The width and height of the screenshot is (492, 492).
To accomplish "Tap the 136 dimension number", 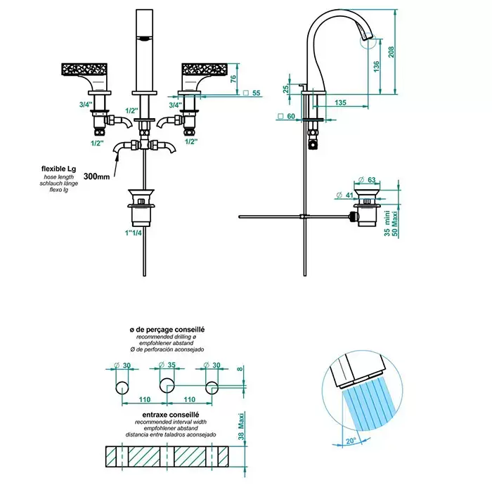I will click(377, 67).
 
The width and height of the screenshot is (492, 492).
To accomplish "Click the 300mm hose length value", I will click(96, 176).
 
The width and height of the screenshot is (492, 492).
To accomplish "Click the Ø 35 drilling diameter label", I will click(167, 365).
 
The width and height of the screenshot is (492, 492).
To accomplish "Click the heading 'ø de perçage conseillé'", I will click(167, 329).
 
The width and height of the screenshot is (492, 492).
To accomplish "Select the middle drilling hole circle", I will click(167, 386).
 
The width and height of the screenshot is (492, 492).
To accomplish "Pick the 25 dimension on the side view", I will click(287, 89).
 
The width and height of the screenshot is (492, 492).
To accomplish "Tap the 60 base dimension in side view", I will click(290, 117).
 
